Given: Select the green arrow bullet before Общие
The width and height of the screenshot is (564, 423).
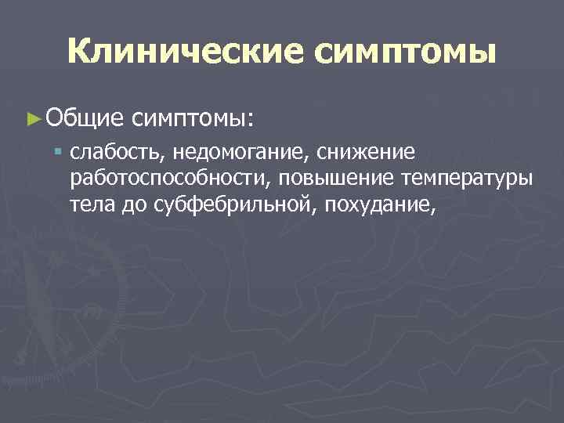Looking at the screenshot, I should click(x=32, y=119).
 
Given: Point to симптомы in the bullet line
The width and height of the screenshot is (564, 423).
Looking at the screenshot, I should click(x=191, y=119).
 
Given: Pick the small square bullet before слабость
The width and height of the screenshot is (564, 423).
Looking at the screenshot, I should click(x=59, y=150).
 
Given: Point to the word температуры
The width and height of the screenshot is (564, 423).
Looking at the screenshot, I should click(x=465, y=179).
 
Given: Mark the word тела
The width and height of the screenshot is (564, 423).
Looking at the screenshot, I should click(x=89, y=204).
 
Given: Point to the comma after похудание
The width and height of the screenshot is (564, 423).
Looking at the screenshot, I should click(x=430, y=211).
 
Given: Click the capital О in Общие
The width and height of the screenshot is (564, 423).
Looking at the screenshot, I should click(x=54, y=119).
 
